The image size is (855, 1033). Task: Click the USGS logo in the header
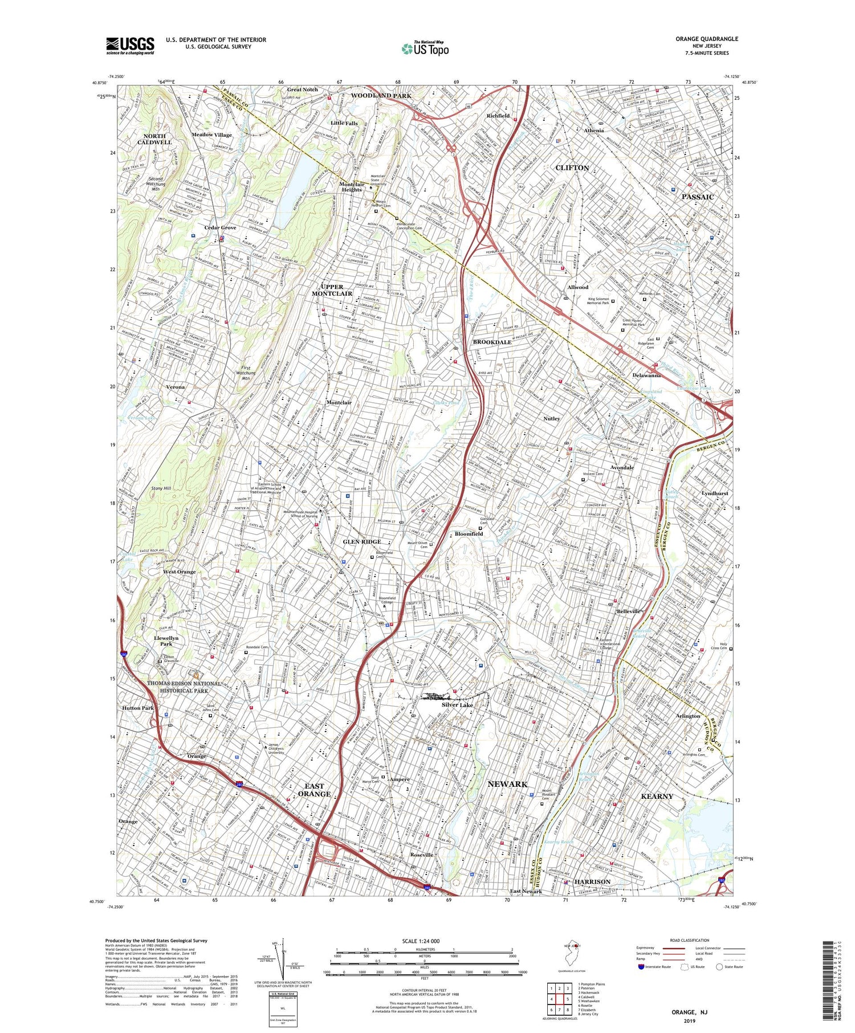130,46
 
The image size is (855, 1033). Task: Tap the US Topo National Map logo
425,48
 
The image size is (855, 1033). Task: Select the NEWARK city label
507,784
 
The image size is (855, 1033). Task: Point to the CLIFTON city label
572,168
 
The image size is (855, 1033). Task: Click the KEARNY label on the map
657,796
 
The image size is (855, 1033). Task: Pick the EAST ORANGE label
314,790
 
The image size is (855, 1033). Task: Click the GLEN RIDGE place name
362,541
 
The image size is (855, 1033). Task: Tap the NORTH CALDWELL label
154,139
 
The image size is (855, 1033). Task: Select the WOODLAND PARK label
380,95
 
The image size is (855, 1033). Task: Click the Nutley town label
551,418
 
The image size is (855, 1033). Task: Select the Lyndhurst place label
715,493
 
